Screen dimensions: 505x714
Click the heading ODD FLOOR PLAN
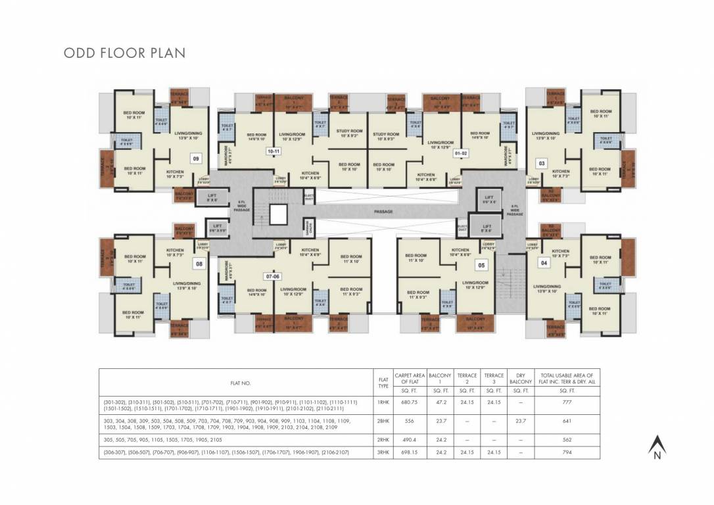point(124,53)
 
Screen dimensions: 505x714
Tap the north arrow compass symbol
point(655,447)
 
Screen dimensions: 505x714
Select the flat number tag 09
point(195,158)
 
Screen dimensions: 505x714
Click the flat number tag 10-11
point(274,151)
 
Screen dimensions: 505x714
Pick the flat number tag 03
point(542,162)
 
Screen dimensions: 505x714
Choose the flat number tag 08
point(198,263)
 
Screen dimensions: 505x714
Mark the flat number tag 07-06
point(272,276)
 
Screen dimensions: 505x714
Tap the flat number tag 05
point(481,265)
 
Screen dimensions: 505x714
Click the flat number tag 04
point(543,263)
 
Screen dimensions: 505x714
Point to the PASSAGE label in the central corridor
point(383,212)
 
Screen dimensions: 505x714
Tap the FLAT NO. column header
point(241,383)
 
